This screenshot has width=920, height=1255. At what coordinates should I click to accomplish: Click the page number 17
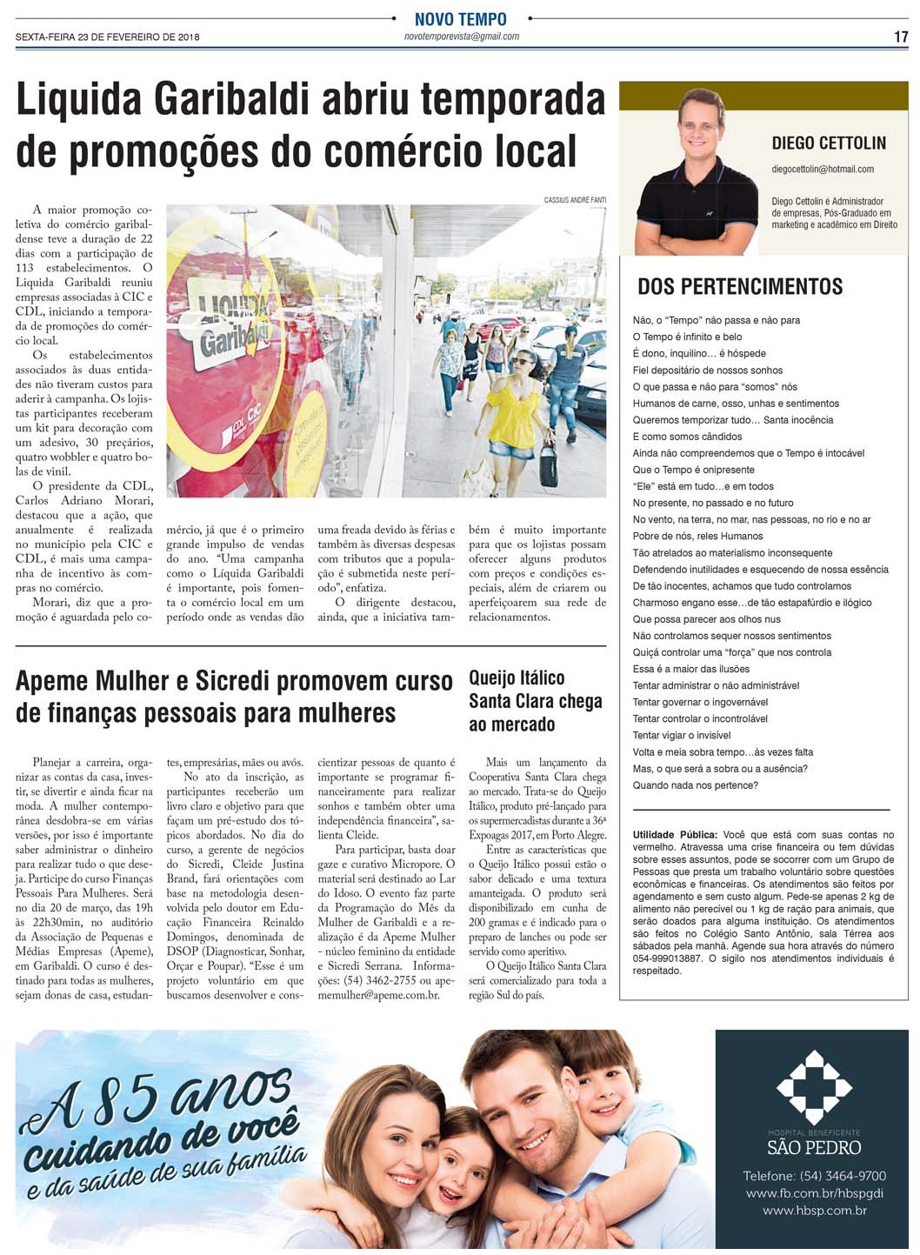point(901,37)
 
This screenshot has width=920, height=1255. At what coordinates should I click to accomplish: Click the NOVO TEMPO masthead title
point(460,19)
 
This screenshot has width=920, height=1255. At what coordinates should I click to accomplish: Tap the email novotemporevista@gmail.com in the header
point(462,37)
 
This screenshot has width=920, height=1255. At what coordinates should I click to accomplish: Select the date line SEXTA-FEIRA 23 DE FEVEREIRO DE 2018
point(108,37)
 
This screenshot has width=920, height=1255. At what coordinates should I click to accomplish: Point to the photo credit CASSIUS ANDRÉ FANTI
point(575,200)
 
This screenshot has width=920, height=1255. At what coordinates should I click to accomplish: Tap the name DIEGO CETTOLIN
point(829,144)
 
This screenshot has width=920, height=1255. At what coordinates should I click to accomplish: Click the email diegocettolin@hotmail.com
point(822,169)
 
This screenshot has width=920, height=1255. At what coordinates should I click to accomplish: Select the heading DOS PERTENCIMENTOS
point(740,287)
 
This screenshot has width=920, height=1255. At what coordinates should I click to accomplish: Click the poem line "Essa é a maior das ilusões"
point(690,669)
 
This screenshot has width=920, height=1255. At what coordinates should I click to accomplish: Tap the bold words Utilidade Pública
point(675,835)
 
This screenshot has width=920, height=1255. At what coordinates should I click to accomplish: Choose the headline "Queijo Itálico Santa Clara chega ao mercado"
point(535,701)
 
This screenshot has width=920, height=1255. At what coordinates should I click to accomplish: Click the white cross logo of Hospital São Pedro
point(814,1086)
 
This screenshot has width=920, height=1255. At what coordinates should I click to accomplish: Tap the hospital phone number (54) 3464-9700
point(814,1176)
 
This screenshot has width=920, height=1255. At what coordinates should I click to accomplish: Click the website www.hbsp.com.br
point(814,1210)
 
